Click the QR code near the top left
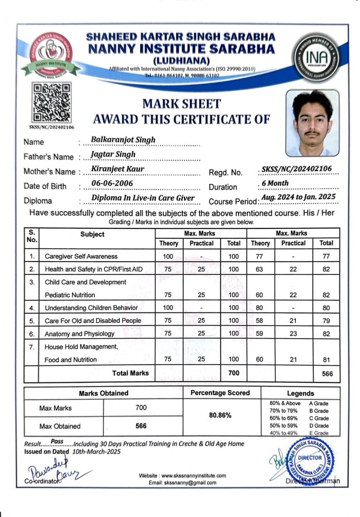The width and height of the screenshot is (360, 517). point(52,103)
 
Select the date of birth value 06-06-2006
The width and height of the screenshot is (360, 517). point(112,183)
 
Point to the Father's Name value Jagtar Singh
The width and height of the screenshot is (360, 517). point(113,154)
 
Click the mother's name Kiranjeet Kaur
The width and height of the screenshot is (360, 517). point(118,168)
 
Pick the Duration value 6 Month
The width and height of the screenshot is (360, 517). point(275,183)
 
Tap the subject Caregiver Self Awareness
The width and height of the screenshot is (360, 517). point(81,257)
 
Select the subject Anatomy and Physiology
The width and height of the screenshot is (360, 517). point(79,334)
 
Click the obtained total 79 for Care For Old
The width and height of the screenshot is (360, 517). point(326,321)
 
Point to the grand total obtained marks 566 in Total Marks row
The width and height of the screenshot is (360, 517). point(327,374)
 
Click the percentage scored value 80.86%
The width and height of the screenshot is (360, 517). point(220,415)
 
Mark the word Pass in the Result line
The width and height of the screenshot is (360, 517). point(57,441)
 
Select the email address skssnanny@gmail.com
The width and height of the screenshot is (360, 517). point(182,483)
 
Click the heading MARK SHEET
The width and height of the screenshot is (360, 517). point(181,104)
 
